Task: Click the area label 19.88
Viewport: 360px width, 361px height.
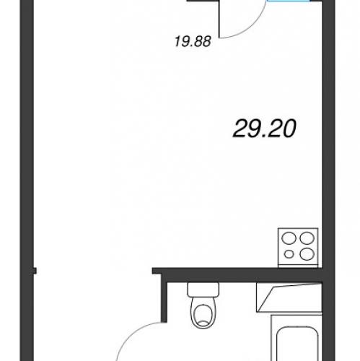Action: click(193, 41)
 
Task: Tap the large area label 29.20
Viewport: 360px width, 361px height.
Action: click(264, 129)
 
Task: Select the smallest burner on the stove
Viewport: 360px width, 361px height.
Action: click(289, 254)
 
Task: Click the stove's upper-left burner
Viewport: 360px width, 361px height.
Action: click(289, 238)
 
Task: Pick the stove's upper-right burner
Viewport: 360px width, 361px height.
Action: click(307, 238)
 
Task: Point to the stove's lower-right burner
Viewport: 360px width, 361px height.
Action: click(307, 254)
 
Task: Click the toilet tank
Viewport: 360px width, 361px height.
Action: click(203, 290)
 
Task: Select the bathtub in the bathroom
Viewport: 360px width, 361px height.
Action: click(297, 338)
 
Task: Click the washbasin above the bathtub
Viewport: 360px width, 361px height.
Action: click(289, 297)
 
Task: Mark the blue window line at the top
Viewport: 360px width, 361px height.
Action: click(288, 1)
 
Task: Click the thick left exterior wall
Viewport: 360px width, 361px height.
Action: click(27, 180)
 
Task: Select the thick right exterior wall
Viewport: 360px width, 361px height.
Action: click(328, 180)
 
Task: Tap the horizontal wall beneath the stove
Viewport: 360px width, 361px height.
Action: click(237, 274)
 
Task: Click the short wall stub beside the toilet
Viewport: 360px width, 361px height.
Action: click(164, 301)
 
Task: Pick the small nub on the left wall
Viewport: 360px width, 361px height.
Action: click(35, 271)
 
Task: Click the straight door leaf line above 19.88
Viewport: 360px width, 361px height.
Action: click(220, 19)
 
